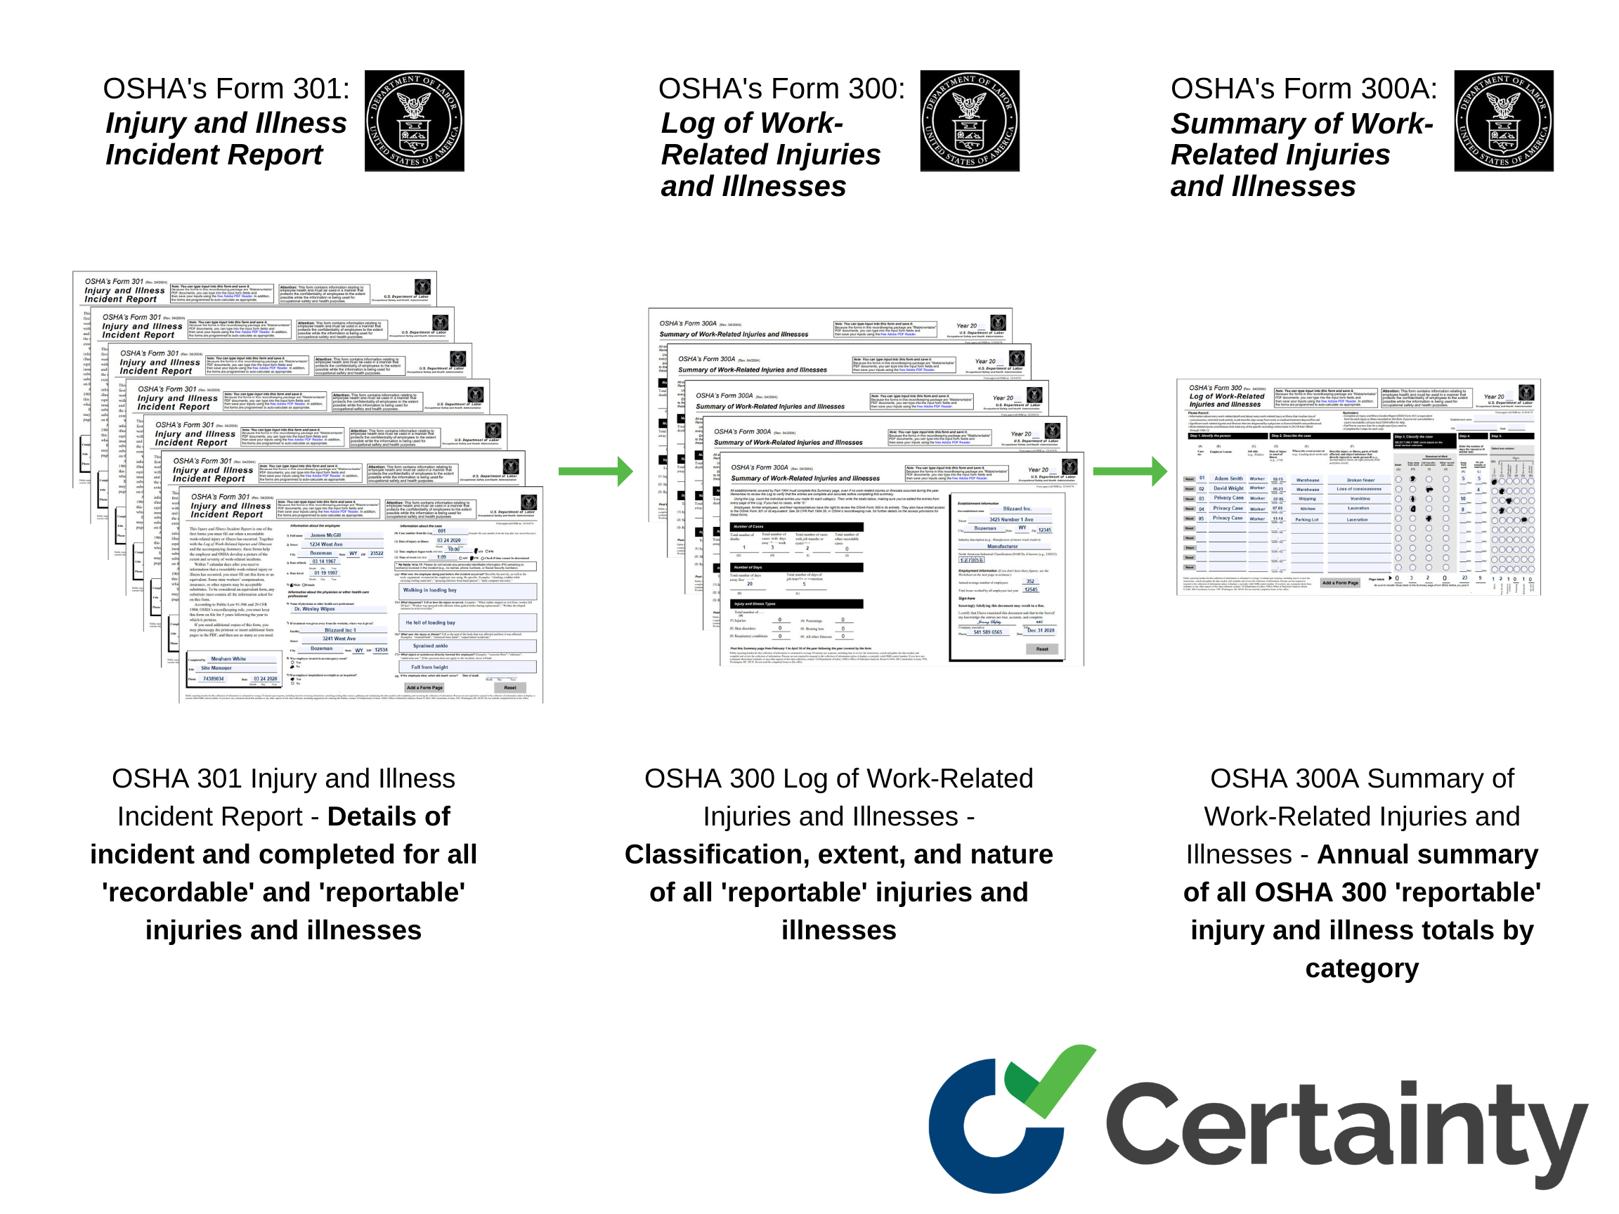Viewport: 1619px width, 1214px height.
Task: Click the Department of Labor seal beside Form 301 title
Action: click(x=415, y=121)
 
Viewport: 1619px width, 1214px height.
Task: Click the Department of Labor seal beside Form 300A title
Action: click(x=1502, y=121)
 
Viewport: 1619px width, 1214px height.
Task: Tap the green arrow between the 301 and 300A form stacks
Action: click(x=595, y=471)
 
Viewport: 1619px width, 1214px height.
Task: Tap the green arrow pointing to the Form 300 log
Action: click(x=1129, y=471)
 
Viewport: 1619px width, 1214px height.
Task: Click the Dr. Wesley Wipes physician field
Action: click(x=315, y=609)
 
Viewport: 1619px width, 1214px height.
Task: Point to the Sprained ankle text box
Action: click(x=430, y=646)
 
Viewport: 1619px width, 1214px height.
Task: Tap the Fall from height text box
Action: click(x=429, y=667)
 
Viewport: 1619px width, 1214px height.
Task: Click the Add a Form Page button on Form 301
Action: click(x=424, y=688)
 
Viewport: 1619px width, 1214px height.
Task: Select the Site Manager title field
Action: click(x=216, y=668)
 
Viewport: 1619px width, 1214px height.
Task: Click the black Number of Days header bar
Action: click(x=796, y=567)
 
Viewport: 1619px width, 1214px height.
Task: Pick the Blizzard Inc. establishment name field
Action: click(x=1017, y=509)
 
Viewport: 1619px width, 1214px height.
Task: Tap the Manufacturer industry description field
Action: click(x=1002, y=546)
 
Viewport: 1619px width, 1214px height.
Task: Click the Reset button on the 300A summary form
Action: click(x=1041, y=649)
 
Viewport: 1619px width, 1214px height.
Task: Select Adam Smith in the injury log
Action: click(x=1228, y=478)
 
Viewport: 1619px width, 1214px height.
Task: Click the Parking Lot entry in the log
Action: click(x=1306, y=520)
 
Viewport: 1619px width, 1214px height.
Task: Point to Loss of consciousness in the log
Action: click(x=1358, y=489)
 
